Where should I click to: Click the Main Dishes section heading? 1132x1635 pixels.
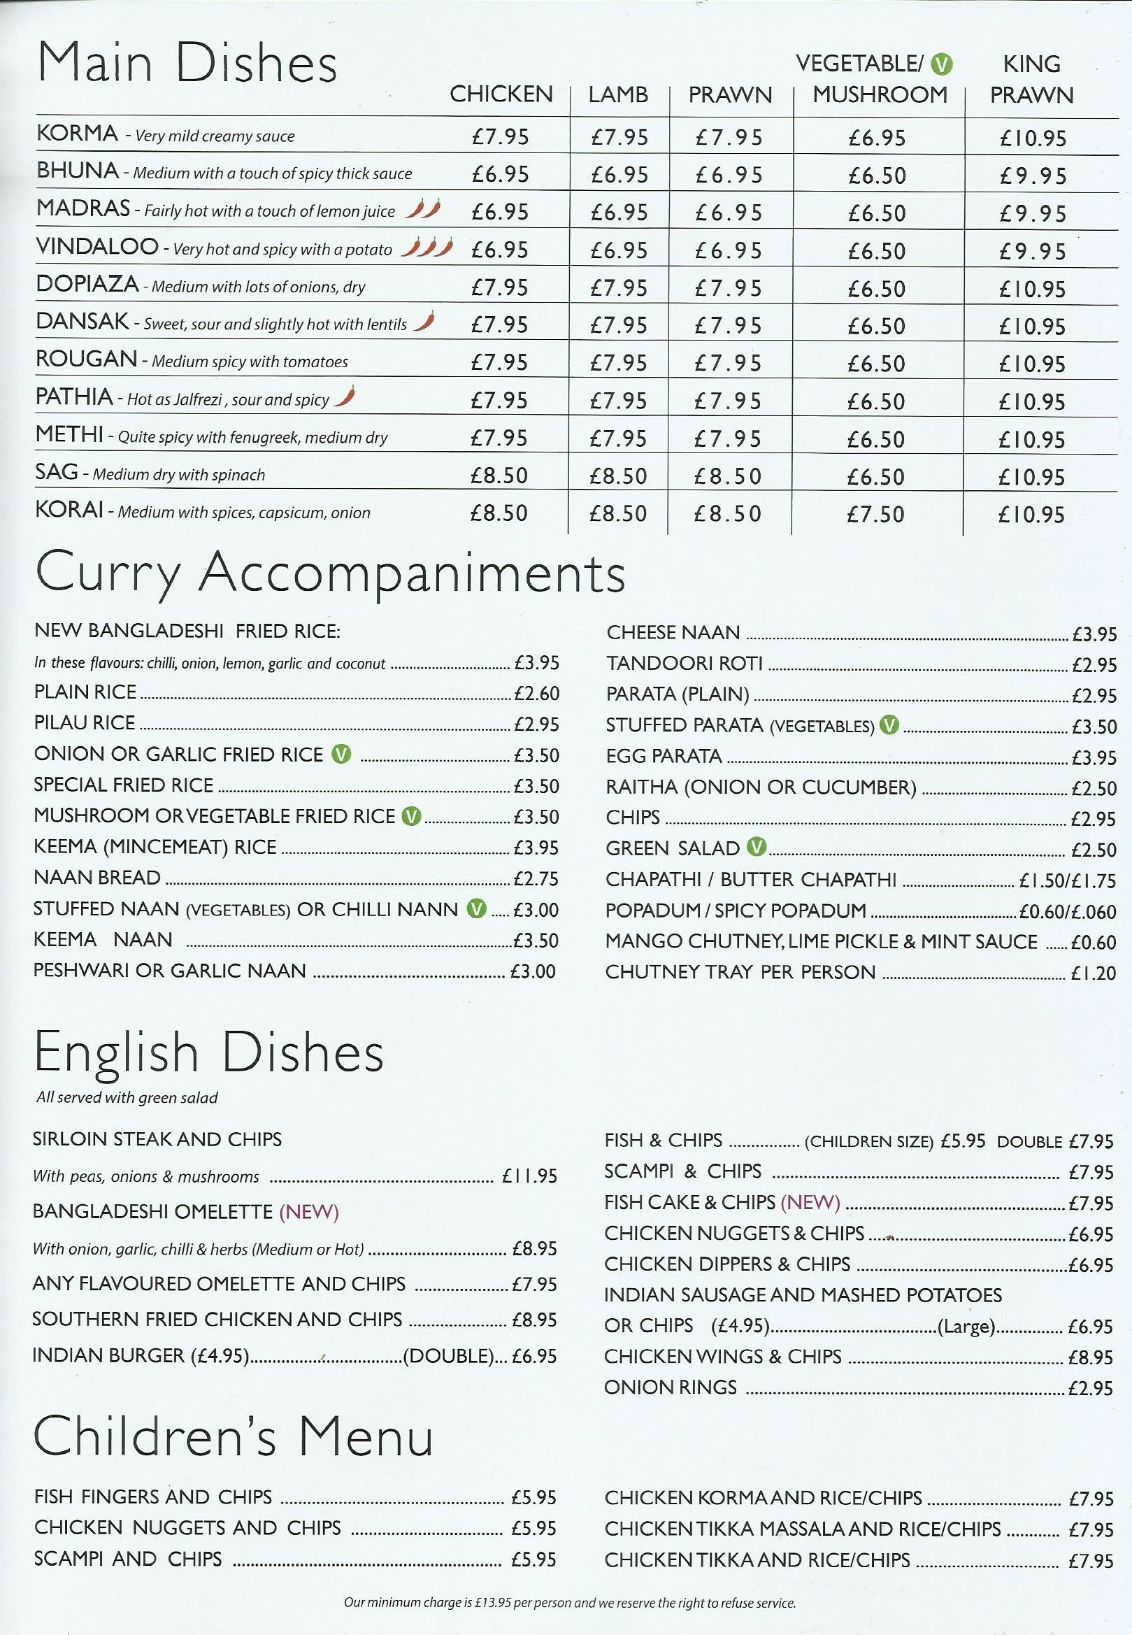coord(187,63)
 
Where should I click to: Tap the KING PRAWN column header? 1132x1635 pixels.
coord(1031,79)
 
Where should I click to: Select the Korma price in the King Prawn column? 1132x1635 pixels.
coord(1033,138)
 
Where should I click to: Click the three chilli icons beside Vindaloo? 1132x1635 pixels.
coord(427,248)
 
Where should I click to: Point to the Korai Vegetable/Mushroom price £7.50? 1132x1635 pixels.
coord(876,514)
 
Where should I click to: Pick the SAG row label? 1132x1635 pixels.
coord(56,472)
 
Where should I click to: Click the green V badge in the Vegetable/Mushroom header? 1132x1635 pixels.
coord(941,64)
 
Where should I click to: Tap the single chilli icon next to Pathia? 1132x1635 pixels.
coord(345,396)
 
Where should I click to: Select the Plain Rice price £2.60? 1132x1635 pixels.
coord(536,693)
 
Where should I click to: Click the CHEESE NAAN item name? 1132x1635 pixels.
coord(673,632)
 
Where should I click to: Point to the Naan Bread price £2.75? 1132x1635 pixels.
coord(536,878)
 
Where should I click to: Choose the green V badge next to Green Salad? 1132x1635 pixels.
coord(757,846)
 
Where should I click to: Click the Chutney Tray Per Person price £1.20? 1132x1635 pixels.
coord(1093,973)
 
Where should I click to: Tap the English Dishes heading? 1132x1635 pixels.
coord(208,1052)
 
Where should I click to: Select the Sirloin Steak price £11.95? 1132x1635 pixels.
coord(529,1176)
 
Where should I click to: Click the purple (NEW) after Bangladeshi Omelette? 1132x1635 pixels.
coord(309,1211)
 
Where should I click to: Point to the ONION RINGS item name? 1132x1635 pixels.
coord(671,1387)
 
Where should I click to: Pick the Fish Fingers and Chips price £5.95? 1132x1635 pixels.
coord(533,1497)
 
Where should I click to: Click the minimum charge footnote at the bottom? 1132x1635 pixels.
coord(570,1602)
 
